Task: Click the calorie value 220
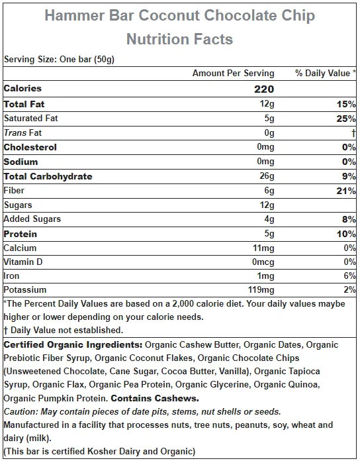click(x=264, y=89)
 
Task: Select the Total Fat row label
click(x=24, y=104)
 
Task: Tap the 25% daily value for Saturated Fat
click(x=346, y=119)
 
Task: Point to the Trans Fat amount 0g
click(x=269, y=133)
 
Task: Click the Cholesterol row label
click(x=30, y=147)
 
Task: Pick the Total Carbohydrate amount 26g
click(x=267, y=176)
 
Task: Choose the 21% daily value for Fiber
click(x=346, y=191)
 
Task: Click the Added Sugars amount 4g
click(x=269, y=219)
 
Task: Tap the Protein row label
click(x=21, y=234)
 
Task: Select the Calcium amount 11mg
click(x=263, y=248)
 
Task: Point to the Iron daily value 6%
click(x=349, y=276)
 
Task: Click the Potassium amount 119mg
click(x=261, y=290)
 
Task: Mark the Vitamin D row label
click(x=23, y=262)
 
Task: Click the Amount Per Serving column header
click(x=234, y=74)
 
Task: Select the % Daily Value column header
click(x=326, y=73)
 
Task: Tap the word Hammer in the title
click(x=75, y=15)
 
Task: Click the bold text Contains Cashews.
click(x=155, y=398)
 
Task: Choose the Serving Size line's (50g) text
click(x=105, y=60)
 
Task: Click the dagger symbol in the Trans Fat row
click(x=353, y=133)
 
